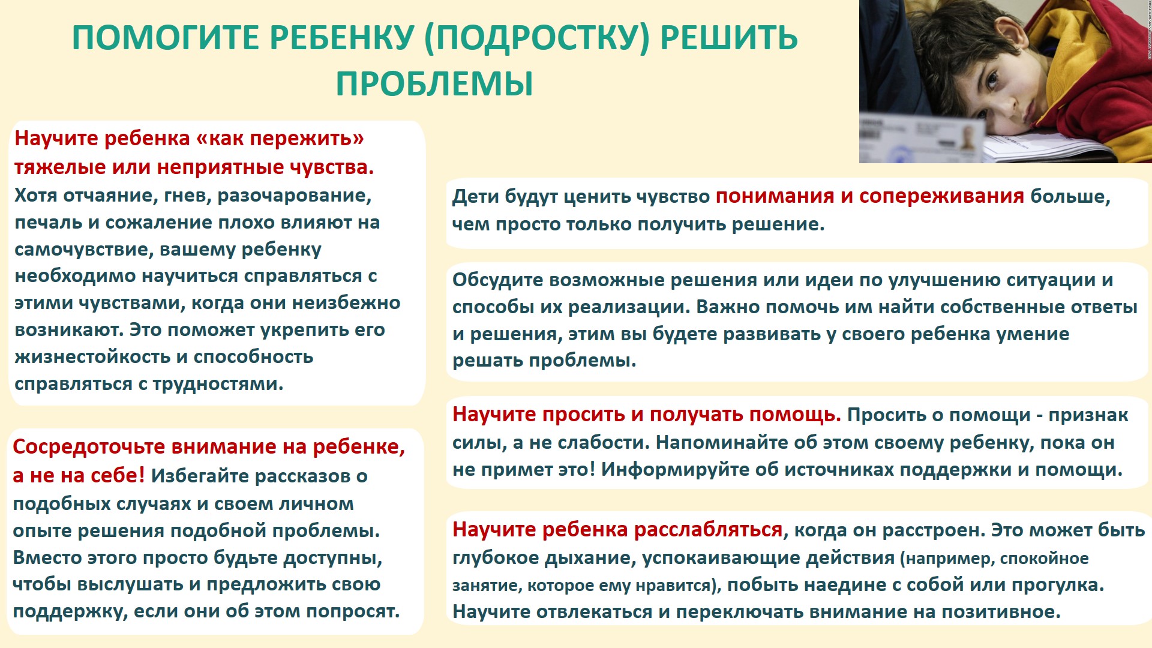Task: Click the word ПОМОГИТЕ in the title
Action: point(166,38)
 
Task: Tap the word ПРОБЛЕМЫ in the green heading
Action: point(434,83)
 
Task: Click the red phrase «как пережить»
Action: point(280,139)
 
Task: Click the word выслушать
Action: point(130,585)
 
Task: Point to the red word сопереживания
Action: point(941,197)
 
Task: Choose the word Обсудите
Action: point(497,280)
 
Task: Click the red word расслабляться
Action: point(709,530)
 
